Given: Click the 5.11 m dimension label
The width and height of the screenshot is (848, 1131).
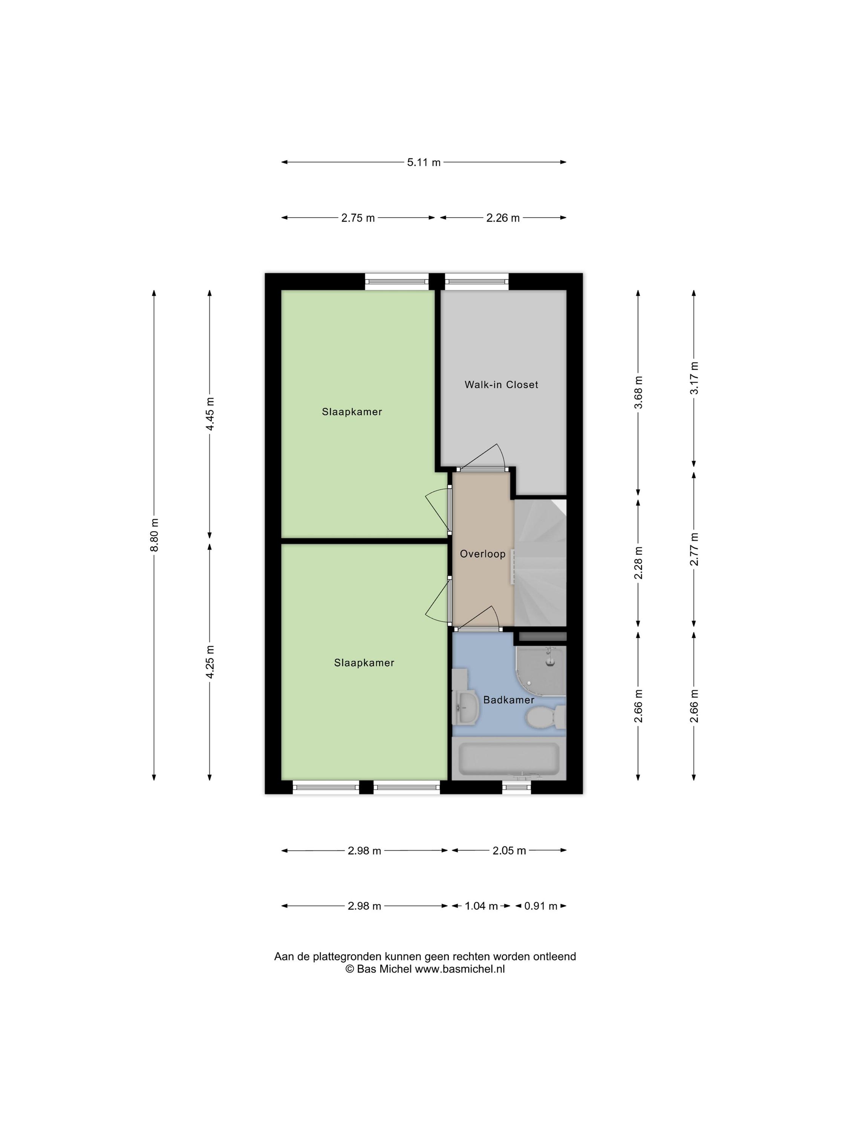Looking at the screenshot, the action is (423, 162).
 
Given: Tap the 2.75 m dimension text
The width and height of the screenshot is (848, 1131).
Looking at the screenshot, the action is (358, 218).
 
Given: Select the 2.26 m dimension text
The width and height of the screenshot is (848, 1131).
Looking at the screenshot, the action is (502, 218).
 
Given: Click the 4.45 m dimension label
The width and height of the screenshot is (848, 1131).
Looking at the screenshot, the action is (210, 414).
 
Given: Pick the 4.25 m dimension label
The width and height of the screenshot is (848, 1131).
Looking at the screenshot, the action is (210, 662).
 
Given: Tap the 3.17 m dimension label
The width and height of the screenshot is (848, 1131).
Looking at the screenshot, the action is (693, 379).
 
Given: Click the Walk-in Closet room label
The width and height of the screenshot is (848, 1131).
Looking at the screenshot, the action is (501, 385).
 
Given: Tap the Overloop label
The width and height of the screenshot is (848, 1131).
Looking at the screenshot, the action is (482, 554).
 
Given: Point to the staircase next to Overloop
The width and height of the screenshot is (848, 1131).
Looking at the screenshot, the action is (540, 562).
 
